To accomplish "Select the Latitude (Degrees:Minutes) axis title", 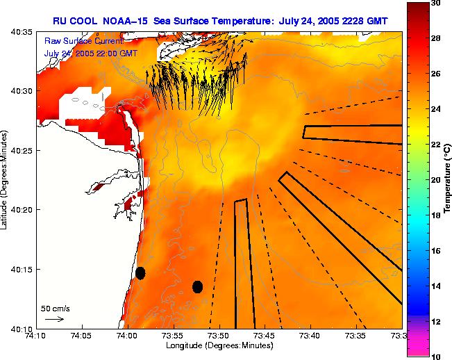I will (x=5, y=180).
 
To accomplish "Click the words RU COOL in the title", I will (x=76, y=21).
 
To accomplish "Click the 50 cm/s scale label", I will (x=55, y=307).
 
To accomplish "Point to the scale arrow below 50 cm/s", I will (x=55, y=319).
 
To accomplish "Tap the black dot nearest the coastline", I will (x=140, y=272).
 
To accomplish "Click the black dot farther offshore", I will (x=197, y=286).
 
